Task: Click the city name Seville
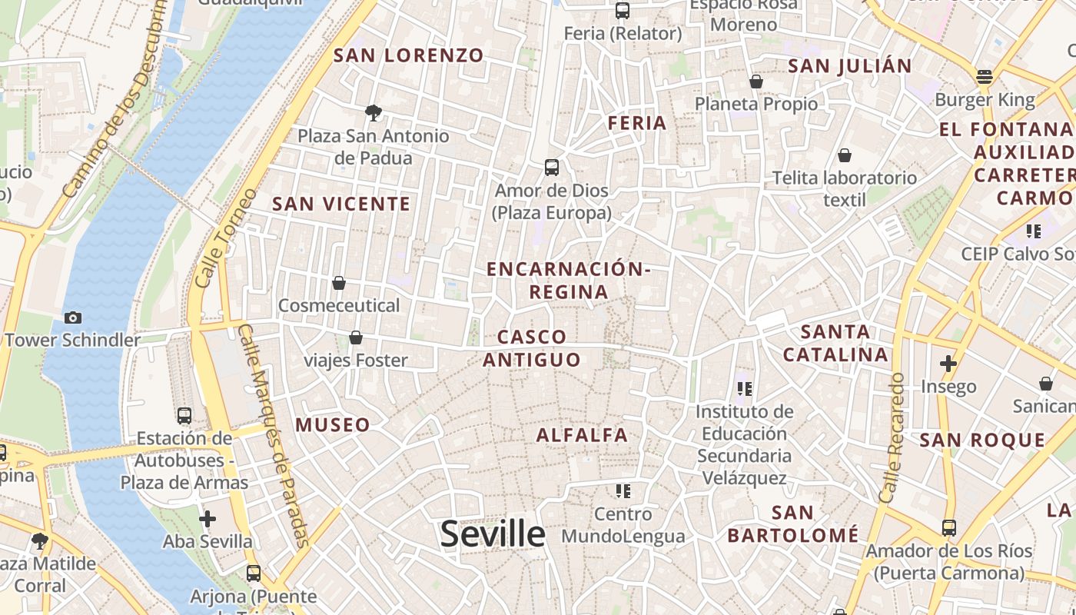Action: (x=493, y=534)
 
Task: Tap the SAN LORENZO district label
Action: (x=409, y=55)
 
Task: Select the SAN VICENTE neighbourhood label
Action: (x=341, y=204)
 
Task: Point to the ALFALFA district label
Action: (x=582, y=435)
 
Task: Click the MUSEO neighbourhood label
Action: (x=333, y=424)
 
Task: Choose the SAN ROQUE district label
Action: (x=982, y=440)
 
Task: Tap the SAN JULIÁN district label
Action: (x=850, y=66)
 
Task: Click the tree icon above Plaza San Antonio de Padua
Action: (x=374, y=113)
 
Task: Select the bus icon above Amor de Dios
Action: (x=551, y=167)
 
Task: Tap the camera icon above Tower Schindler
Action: (x=73, y=317)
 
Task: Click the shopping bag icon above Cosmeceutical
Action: (x=339, y=283)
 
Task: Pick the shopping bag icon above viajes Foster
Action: (x=356, y=337)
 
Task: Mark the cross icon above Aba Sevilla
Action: (x=208, y=519)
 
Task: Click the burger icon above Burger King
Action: (x=985, y=76)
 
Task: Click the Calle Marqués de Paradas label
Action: (x=274, y=435)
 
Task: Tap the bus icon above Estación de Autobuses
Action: (x=184, y=416)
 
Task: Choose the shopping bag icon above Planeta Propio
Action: (x=756, y=81)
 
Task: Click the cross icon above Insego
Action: (x=948, y=363)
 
